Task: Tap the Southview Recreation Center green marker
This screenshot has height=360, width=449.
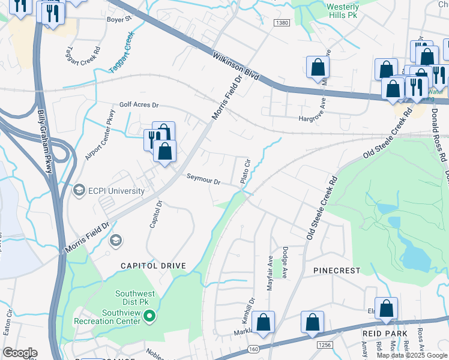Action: tap(152, 316)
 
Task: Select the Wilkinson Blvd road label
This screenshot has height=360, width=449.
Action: tap(236, 67)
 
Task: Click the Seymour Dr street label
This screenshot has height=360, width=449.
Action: tap(203, 179)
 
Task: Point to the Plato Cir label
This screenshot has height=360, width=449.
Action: tap(245, 172)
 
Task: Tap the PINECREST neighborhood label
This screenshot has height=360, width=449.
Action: tap(336, 271)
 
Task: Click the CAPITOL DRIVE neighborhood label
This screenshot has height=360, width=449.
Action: tap(153, 265)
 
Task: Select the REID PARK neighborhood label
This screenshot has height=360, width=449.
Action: tap(385, 333)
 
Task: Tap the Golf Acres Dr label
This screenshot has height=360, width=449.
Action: tap(139, 105)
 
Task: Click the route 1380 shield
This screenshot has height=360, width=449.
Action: tap(282, 23)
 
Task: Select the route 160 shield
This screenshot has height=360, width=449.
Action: tap(253, 349)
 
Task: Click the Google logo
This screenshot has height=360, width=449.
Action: tap(20, 353)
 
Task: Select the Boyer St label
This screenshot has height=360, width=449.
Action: tap(119, 19)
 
